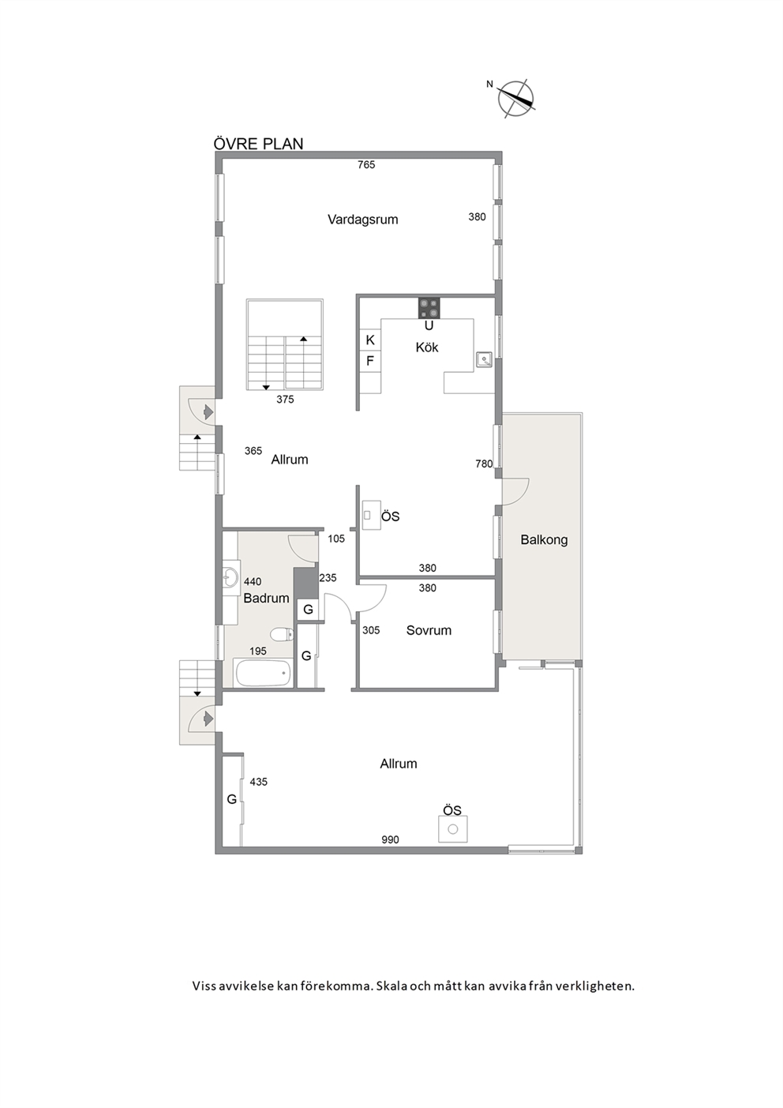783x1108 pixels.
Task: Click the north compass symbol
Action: pos(515,99)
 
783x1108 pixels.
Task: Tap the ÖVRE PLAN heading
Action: pos(258,144)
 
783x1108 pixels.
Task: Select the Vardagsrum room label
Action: pos(363,220)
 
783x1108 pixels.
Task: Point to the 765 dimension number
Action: pos(366,165)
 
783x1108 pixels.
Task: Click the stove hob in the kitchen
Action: pos(429,308)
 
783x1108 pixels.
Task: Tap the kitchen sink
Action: pos(484,359)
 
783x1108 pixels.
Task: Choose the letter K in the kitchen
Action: pos(370,340)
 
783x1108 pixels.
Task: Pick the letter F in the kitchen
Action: pos(369,361)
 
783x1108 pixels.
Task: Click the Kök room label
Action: pos(426,347)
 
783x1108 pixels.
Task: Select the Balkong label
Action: pos(544,539)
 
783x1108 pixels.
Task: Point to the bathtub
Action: pos(263,673)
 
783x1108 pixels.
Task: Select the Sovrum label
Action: pos(429,631)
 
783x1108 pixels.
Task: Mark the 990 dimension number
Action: pos(390,839)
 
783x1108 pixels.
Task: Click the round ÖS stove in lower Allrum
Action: pos(453,829)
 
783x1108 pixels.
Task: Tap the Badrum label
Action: pos(266,599)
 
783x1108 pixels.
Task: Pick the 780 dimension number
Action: pos(484,464)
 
